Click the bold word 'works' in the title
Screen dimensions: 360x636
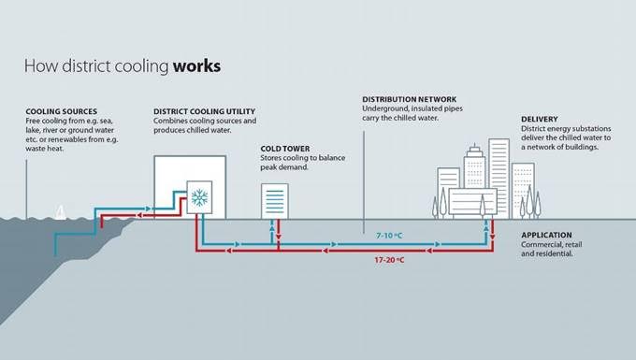pos(196,67)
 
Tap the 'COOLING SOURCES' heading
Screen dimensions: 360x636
pos(62,111)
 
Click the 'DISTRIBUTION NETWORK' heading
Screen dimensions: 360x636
pos(408,99)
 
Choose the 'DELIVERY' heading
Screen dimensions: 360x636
pos(540,120)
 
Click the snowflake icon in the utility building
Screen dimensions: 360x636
pos(200,197)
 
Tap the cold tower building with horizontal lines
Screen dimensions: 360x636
pos(274,201)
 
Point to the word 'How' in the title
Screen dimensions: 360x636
pos(37,67)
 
